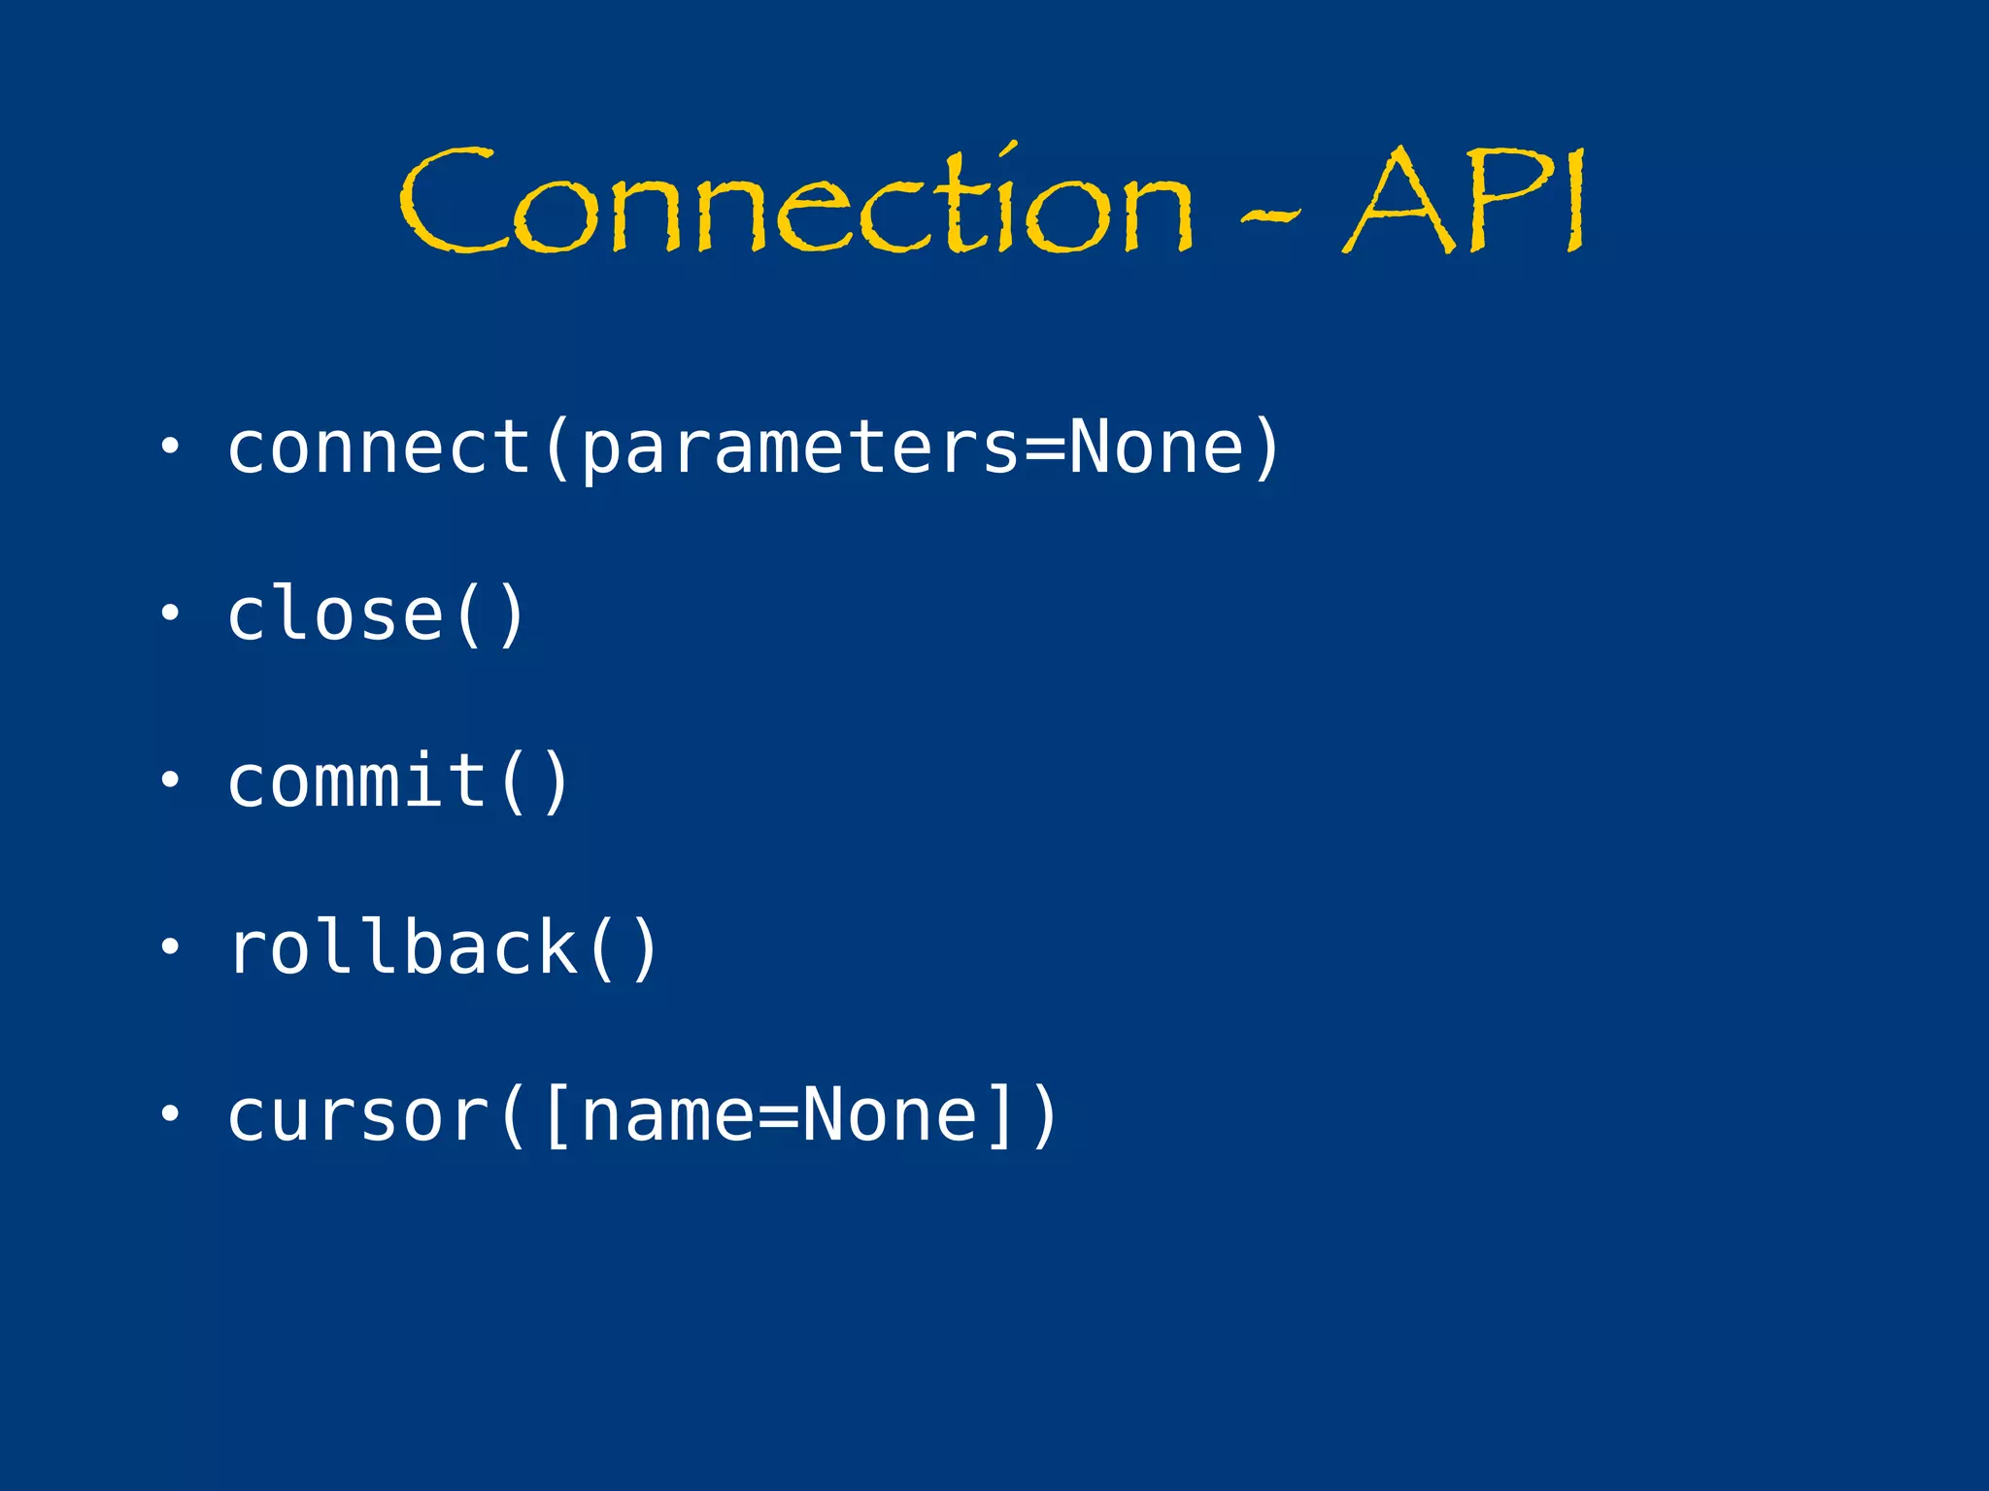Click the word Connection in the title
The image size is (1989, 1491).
tap(796, 204)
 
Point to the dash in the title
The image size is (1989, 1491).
tap(1271, 216)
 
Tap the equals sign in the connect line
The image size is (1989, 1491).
tap(1044, 449)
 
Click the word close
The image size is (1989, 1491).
tap(335, 614)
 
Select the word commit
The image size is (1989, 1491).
tap(356, 781)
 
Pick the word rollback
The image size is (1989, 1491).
tap(402, 948)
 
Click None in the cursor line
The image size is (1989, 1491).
tap(890, 1116)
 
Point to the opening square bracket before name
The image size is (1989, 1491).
tap(557, 1116)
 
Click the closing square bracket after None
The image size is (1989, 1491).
tap(1000, 1116)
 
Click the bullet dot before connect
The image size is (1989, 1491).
tap(170, 446)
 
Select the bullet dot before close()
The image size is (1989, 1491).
tap(170, 613)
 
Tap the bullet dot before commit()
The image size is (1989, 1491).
tap(170, 779)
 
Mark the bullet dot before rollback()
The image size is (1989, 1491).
tap(170, 946)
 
